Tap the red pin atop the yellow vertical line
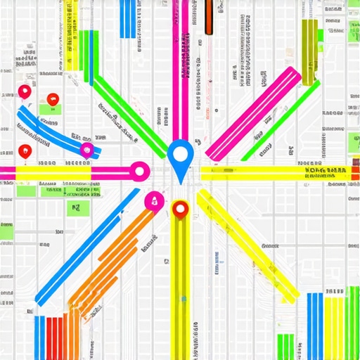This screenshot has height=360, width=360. [x=181, y=208]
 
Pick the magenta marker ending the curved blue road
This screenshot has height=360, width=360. [x=86, y=150]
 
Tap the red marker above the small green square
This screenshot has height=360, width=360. [x=51, y=100]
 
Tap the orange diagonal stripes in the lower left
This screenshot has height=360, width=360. [x=112, y=260]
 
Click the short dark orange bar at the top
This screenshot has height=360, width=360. [x=208, y=17]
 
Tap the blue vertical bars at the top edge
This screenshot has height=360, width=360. [x=127, y=18]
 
